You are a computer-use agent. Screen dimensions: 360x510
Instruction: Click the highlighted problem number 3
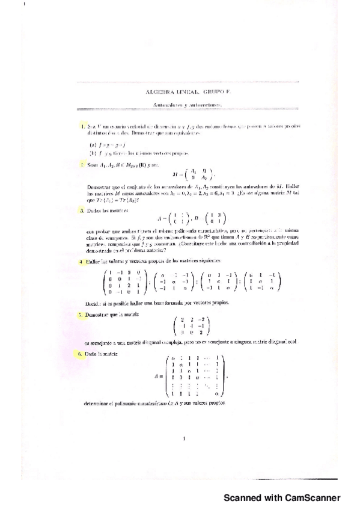click(82, 211)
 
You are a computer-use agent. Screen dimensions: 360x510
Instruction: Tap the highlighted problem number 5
click(82, 315)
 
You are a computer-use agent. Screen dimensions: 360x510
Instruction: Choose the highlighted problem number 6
click(82, 354)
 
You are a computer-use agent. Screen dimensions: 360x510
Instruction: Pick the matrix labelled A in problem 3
click(171, 220)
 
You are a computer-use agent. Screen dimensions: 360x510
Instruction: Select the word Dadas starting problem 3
click(94, 211)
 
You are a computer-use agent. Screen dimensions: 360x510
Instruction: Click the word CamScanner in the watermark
click(311, 497)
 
